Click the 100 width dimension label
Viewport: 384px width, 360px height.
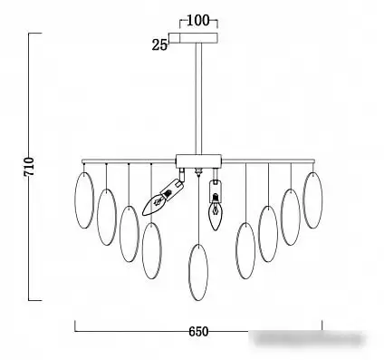(x=198, y=21)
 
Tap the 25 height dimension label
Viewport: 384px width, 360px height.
(x=159, y=45)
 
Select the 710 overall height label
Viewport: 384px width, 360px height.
(x=30, y=167)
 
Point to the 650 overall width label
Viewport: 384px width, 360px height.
(x=198, y=332)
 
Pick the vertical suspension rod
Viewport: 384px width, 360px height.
(x=198, y=99)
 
